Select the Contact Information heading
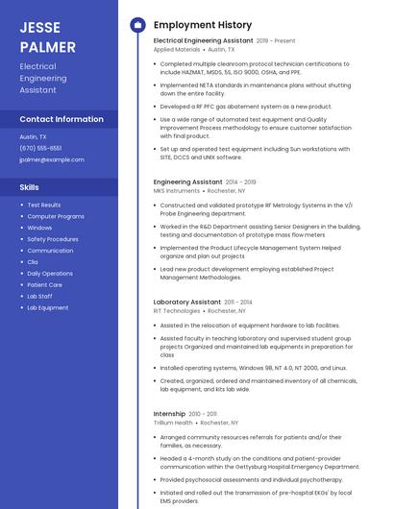pos(62,119)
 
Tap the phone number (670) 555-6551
pos(40,148)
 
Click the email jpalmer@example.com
pos(52,159)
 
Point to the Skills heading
pos(30,187)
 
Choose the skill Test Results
pos(44,205)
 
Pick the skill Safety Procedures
pos(53,239)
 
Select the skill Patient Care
pos(45,285)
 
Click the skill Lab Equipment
pos(48,308)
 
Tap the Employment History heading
pos(203,25)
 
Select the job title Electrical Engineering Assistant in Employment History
pos(203,41)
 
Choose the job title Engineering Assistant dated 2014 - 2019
pos(187,182)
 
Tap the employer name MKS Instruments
pos(177,190)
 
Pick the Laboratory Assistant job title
pos(187,302)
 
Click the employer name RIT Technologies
pos(177,311)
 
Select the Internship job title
pos(169,413)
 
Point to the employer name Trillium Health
pos(173,423)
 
